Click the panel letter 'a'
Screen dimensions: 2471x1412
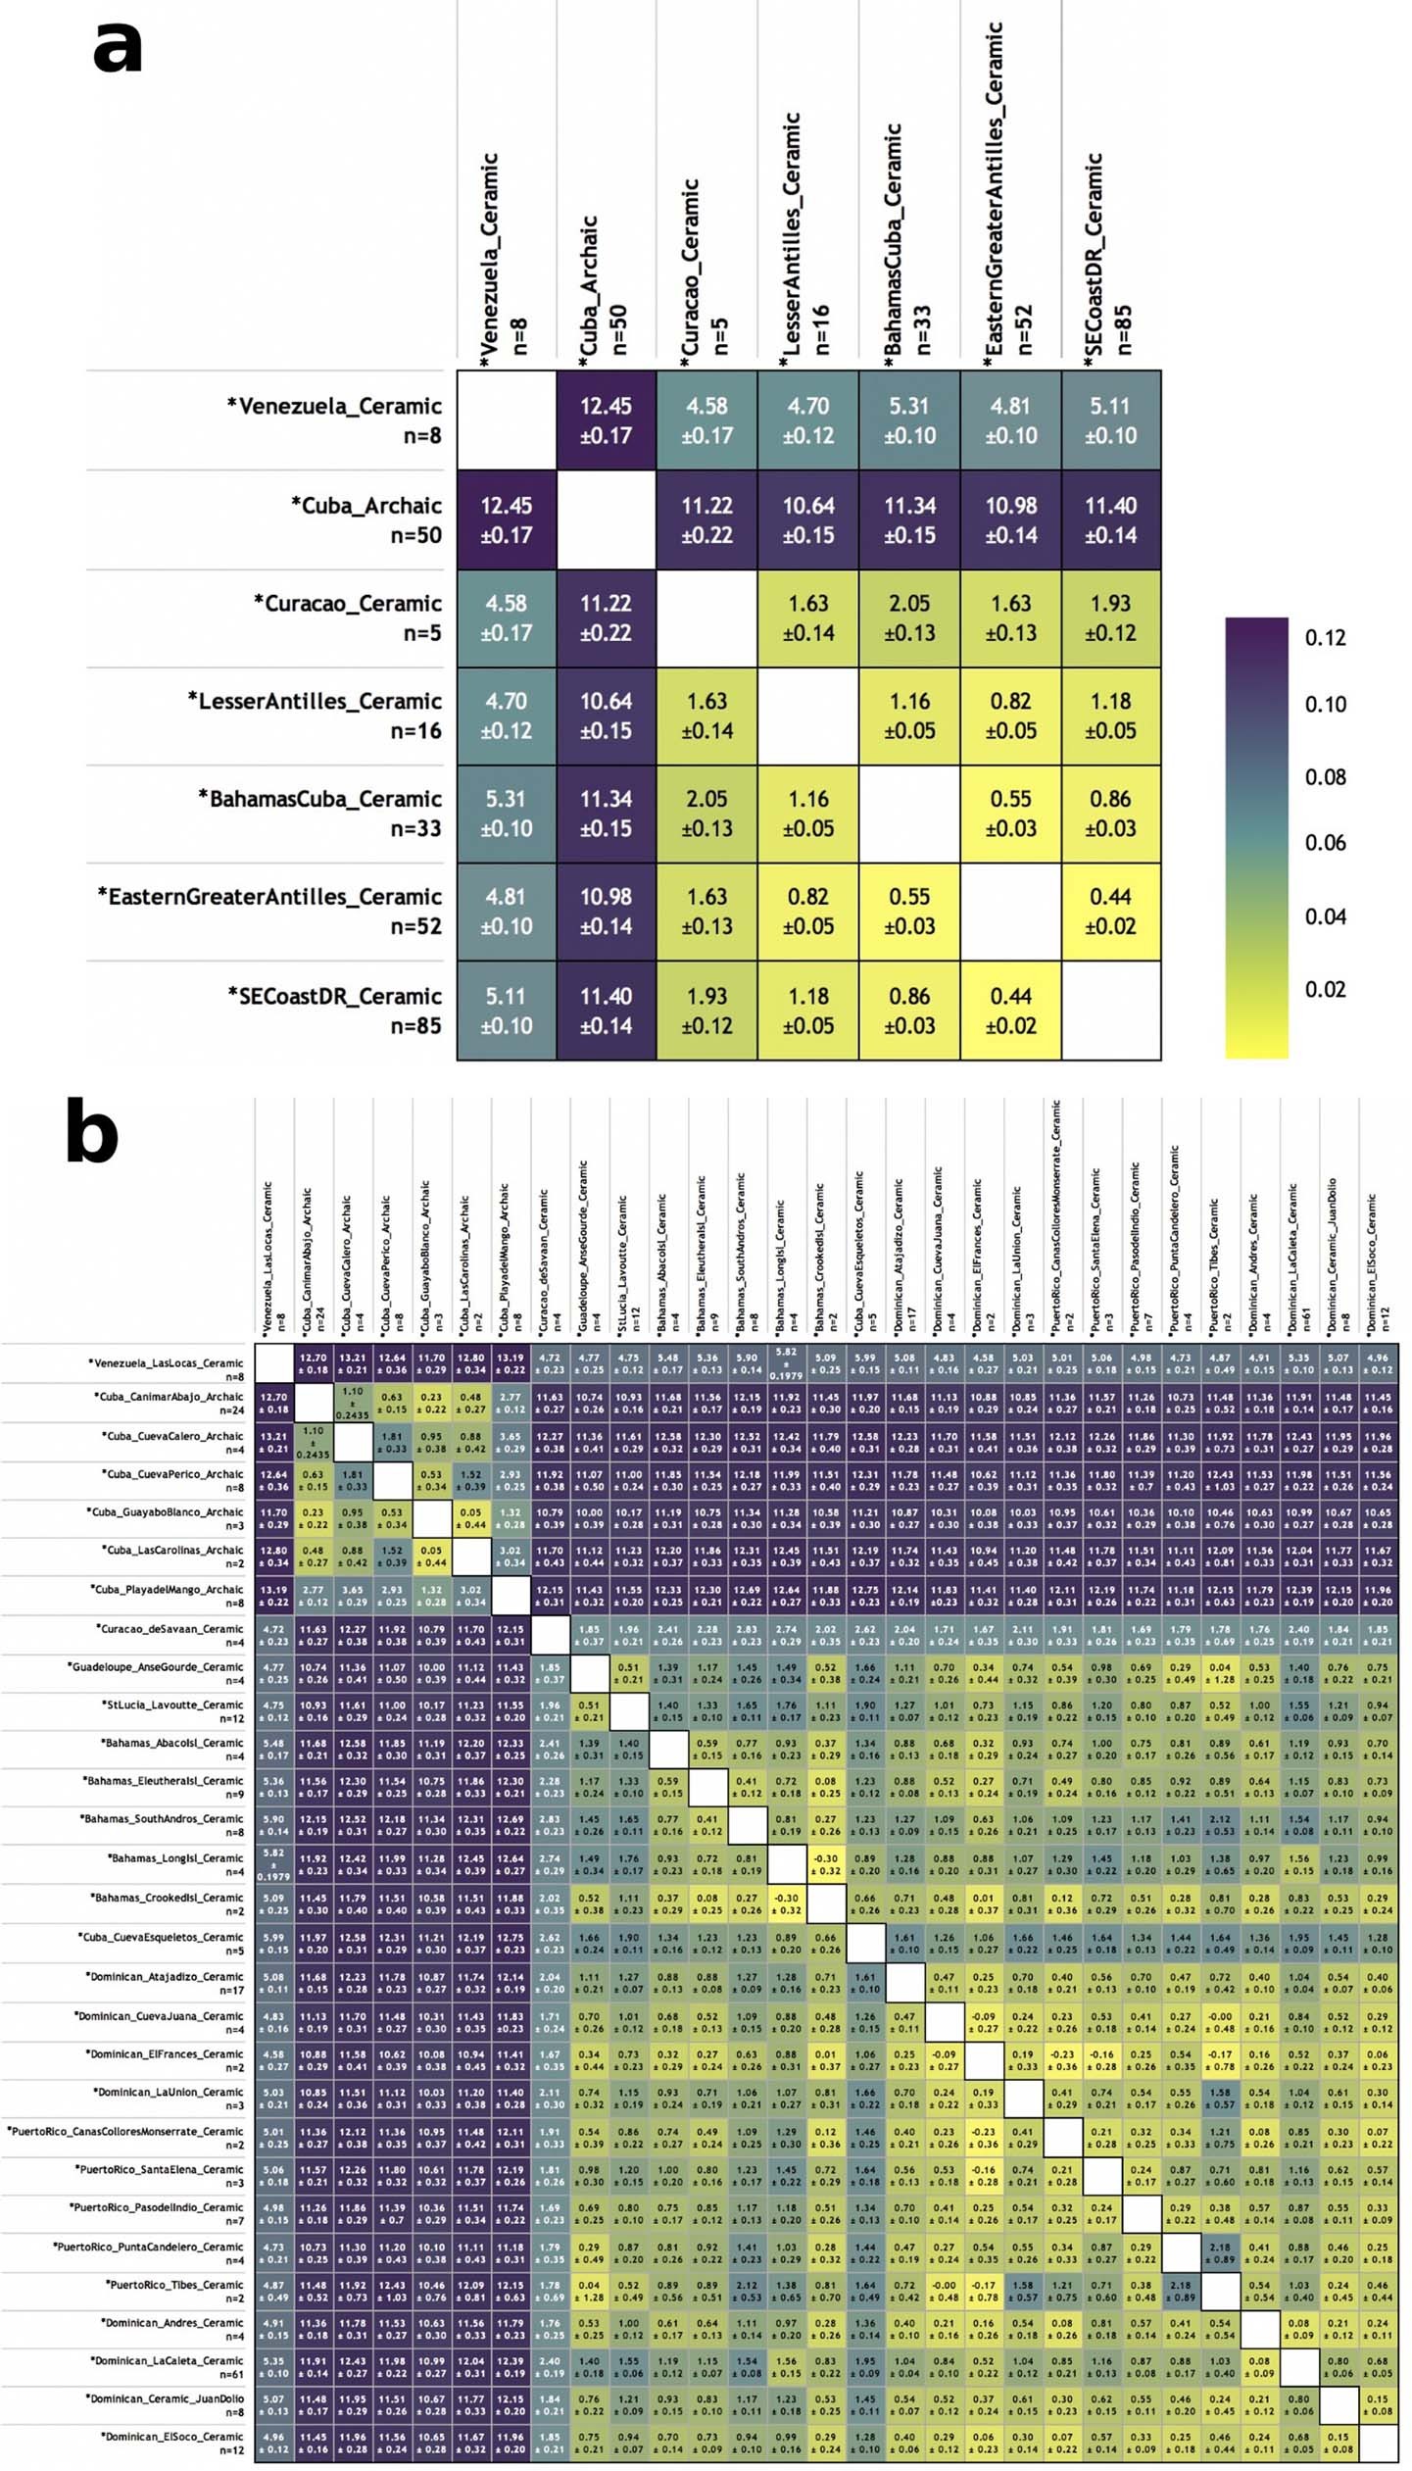[x=117, y=48]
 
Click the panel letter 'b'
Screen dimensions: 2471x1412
[x=92, y=1133]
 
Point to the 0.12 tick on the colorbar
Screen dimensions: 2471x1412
[x=1325, y=638]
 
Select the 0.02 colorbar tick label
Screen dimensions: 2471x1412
[x=1325, y=989]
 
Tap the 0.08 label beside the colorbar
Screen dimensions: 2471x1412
[x=1325, y=777]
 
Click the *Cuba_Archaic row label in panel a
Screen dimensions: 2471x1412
[x=365, y=519]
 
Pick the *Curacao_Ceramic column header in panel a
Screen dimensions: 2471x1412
[x=704, y=267]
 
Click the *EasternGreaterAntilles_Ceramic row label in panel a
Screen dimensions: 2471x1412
[x=269, y=911]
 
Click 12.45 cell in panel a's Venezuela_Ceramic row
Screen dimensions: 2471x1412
[x=606, y=420]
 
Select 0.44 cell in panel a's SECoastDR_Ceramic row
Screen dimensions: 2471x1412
[x=1010, y=1011]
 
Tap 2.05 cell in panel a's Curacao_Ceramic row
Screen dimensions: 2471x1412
[x=909, y=618]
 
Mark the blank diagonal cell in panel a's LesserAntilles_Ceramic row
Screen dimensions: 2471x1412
[x=808, y=716]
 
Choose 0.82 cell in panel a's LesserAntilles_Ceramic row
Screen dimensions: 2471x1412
[x=1010, y=716]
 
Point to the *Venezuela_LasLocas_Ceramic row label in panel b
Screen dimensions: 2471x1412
[x=166, y=1368]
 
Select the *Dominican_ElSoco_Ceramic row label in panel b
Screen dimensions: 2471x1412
[x=170, y=2443]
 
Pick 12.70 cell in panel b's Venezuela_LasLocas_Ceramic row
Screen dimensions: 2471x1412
[x=314, y=1363]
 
